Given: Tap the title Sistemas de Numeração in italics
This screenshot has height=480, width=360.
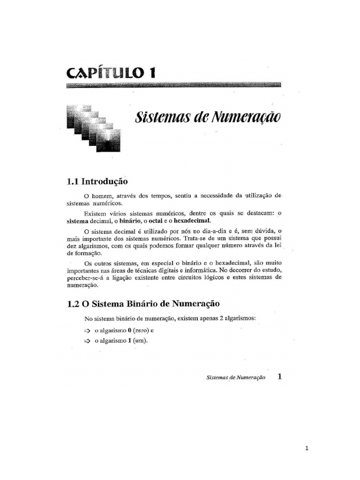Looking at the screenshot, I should pyautogui.click(x=208, y=117).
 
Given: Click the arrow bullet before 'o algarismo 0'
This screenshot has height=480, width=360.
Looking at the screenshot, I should pyautogui.click(x=87, y=330).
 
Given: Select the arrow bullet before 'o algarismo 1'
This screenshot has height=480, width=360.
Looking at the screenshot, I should pyautogui.click(x=87, y=341).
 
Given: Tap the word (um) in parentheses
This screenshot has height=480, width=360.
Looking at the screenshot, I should pyautogui.click(x=140, y=341).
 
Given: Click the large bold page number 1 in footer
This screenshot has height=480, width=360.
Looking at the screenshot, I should pyautogui.click(x=280, y=376).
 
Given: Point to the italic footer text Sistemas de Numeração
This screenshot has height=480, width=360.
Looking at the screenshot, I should pyautogui.click(x=235, y=377).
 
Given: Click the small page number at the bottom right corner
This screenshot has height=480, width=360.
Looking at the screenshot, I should pyautogui.click(x=307, y=448).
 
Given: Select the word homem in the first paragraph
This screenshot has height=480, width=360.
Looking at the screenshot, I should pyautogui.click(x=100, y=195).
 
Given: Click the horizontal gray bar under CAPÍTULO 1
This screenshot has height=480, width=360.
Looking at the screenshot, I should pyautogui.click(x=173, y=85).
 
